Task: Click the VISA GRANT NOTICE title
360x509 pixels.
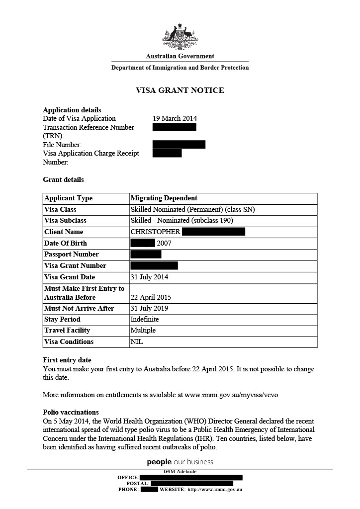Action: (x=180, y=90)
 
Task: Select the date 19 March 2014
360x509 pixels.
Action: (x=175, y=118)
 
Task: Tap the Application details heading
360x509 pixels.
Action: (x=72, y=110)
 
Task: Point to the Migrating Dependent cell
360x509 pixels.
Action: (x=164, y=198)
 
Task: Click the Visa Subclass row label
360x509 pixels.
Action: (x=65, y=220)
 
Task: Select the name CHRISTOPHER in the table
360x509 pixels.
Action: (x=155, y=232)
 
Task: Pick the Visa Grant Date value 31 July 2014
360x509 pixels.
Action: (x=149, y=277)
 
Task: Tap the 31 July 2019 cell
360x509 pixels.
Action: (x=149, y=308)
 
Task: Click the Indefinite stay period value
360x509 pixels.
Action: (x=144, y=319)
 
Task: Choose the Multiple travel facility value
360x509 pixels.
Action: (x=143, y=330)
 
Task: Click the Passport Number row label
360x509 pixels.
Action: (x=71, y=254)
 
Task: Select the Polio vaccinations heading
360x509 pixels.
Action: (x=71, y=412)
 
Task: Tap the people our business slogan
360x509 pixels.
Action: (x=180, y=462)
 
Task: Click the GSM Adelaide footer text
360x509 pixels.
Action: (x=180, y=471)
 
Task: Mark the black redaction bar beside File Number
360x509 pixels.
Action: (x=179, y=145)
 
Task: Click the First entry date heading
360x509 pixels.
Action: (x=67, y=360)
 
